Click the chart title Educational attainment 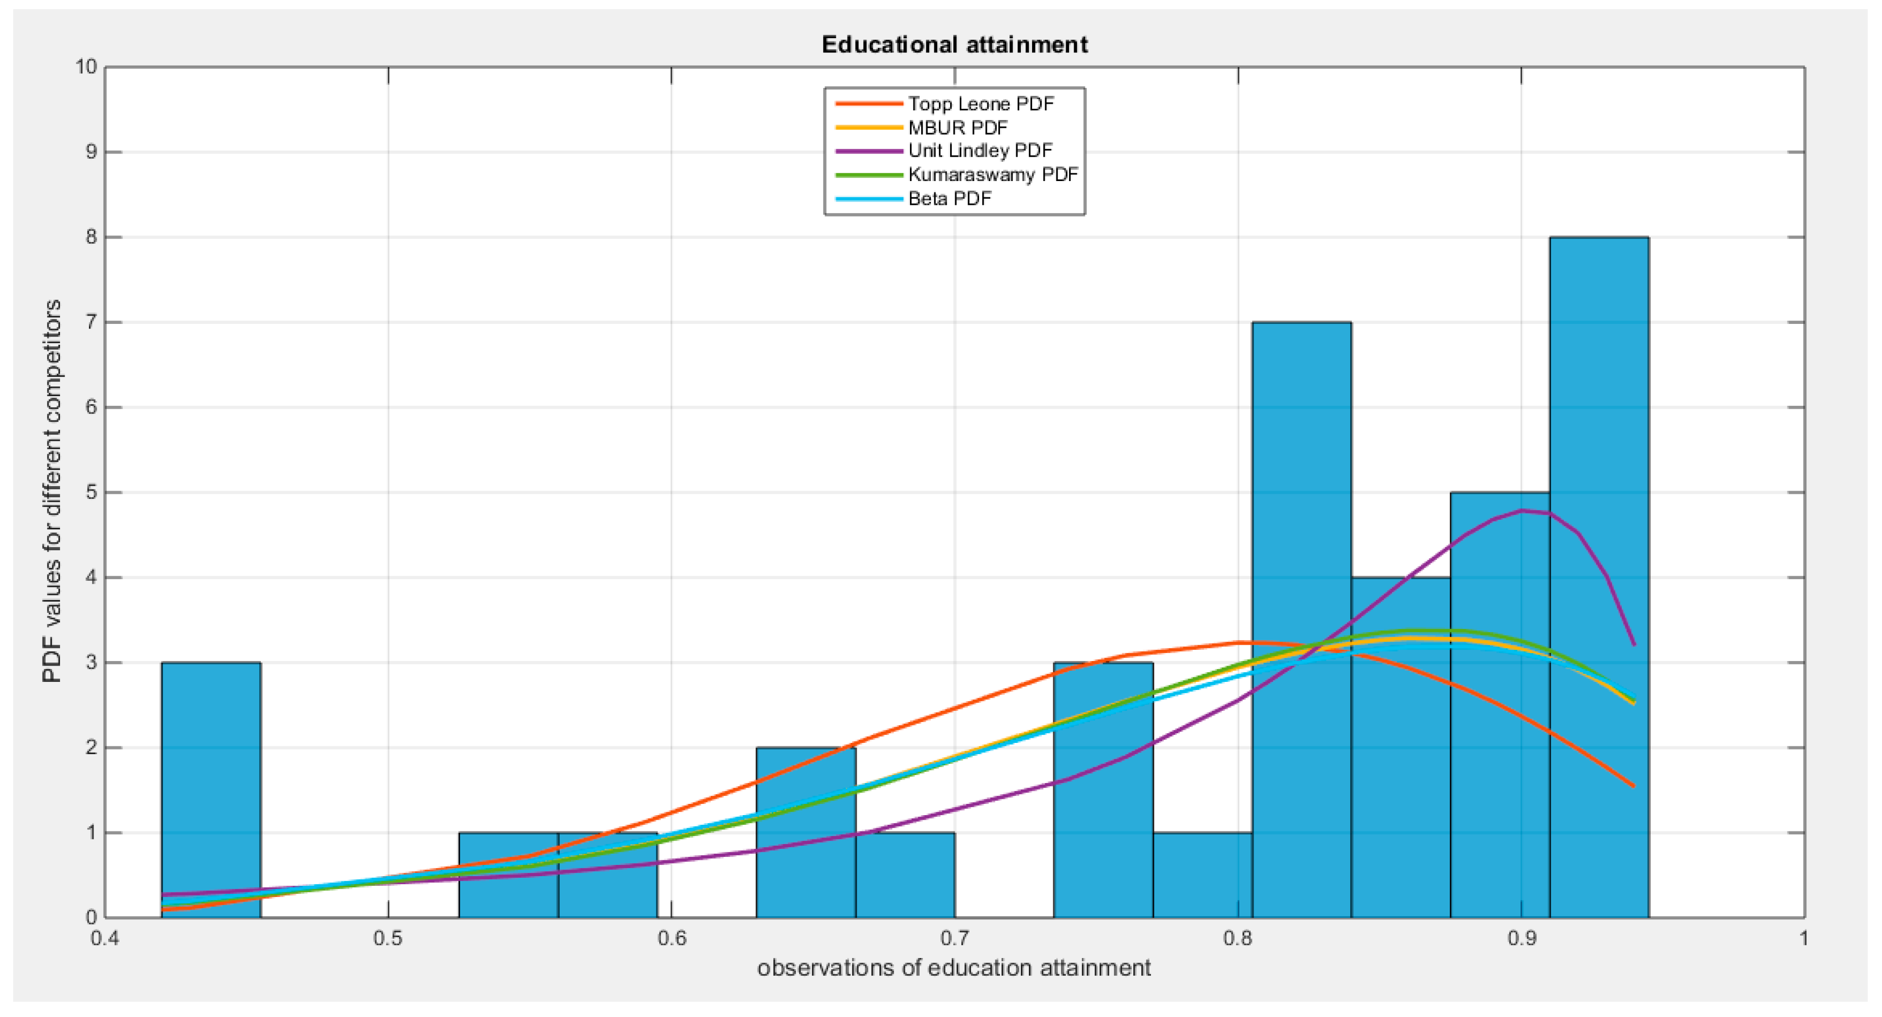[x=954, y=45]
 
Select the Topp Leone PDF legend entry [x=981, y=104]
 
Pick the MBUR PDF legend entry [x=957, y=128]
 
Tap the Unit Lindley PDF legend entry [x=980, y=151]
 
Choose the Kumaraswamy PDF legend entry [x=992, y=174]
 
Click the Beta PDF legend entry [x=949, y=199]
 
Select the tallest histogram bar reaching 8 [x=1598, y=577]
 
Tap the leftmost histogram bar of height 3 [x=210, y=789]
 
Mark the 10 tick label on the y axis [x=85, y=67]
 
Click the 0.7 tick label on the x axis [x=954, y=939]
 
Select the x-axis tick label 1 [x=1803, y=939]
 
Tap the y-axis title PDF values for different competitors [x=52, y=491]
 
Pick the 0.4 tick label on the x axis [x=105, y=939]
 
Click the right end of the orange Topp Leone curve [x=1633, y=786]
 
